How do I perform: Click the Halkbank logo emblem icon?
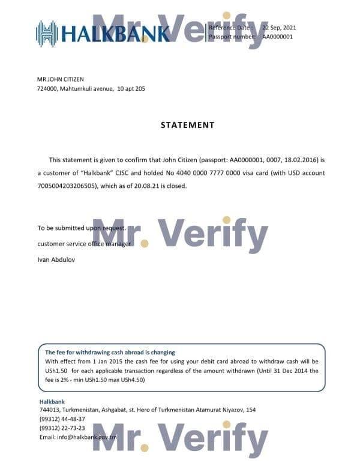(x=47, y=34)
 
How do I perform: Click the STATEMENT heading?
(x=187, y=125)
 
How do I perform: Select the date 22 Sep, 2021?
(x=279, y=28)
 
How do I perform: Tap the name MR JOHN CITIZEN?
(x=61, y=79)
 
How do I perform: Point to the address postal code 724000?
(x=47, y=88)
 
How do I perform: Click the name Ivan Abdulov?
(x=56, y=259)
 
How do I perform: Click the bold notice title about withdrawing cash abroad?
(x=110, y=353)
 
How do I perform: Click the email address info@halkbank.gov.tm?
(x=77, y=437)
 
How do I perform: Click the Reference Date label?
(x=230, y=28)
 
